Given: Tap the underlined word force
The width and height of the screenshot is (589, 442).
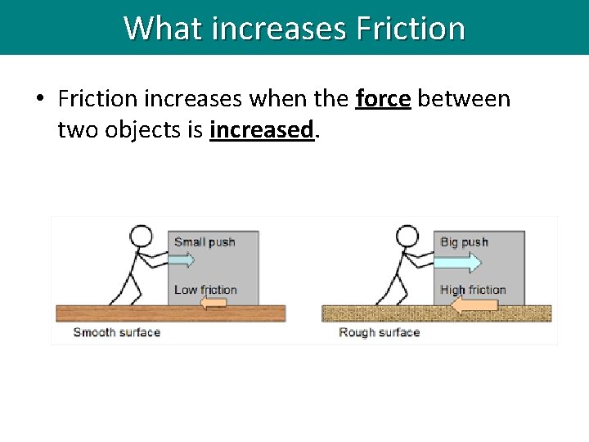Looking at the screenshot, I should (x=384, y=99).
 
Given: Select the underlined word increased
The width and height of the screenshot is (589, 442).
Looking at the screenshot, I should (x=262, y=129).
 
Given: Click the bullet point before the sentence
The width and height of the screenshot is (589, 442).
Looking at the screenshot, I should (x=38, y=100).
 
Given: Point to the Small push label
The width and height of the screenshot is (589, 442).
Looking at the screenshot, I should (x=205, y=241).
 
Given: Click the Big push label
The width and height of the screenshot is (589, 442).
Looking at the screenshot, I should (x=464, y=241).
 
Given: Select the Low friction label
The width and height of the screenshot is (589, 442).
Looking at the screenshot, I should (x=205, y=289).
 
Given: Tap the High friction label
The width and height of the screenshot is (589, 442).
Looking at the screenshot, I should (x=473, y=289).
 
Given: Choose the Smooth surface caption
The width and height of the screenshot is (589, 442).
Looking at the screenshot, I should (x=116, y=332).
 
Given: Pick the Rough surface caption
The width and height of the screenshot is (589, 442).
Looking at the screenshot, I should (x=379, y=332).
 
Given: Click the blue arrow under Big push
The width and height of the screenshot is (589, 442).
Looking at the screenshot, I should (x=458, y=262).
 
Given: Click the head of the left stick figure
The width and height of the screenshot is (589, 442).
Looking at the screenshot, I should (x=142, y=237).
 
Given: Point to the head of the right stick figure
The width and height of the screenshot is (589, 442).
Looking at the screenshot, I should (x=407, y=237).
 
